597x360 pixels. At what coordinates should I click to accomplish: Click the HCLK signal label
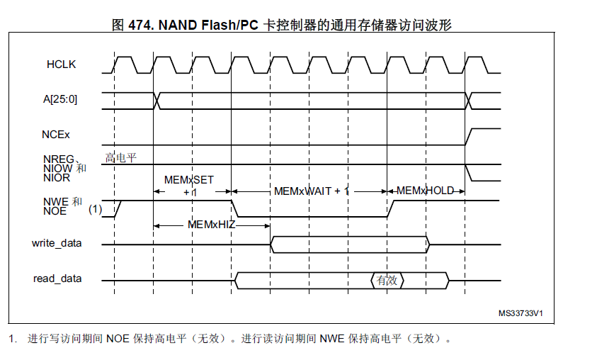pos(61,64)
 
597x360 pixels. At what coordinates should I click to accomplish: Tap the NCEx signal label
pos(56,133)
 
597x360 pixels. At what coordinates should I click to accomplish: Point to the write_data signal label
pos(57,243)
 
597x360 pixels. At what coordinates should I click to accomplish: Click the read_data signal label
pos(57,279)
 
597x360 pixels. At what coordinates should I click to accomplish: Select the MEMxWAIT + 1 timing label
pos(312,191)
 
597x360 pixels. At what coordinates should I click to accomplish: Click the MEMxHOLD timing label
pos(425,191)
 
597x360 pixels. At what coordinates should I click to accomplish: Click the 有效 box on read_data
pos(387,281)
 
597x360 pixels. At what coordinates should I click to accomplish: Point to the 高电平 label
pos(120,157)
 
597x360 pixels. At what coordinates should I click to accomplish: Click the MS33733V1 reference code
pos(525,313)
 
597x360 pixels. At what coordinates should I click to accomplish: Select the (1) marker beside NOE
pos(96,210)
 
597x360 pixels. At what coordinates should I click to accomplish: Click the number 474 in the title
pos(140,24)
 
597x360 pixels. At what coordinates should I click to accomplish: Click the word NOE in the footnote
pos(118,339)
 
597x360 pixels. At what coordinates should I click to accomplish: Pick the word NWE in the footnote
pos(333,339)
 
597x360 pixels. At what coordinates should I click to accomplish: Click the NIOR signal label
pos(57,177)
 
